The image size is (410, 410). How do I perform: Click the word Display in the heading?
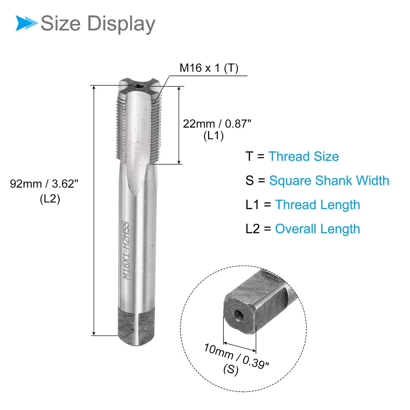[121, 24]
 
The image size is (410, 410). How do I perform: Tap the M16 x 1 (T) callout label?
[209, 68]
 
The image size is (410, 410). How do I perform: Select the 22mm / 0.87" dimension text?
[217, 124]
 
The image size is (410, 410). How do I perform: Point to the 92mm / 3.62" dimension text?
[44, 183]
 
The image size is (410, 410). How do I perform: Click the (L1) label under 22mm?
[214, 136]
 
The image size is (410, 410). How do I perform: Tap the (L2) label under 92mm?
[50, 199]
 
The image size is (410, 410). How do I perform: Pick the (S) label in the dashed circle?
[231, 370]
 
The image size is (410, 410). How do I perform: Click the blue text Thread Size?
[304, 156]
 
